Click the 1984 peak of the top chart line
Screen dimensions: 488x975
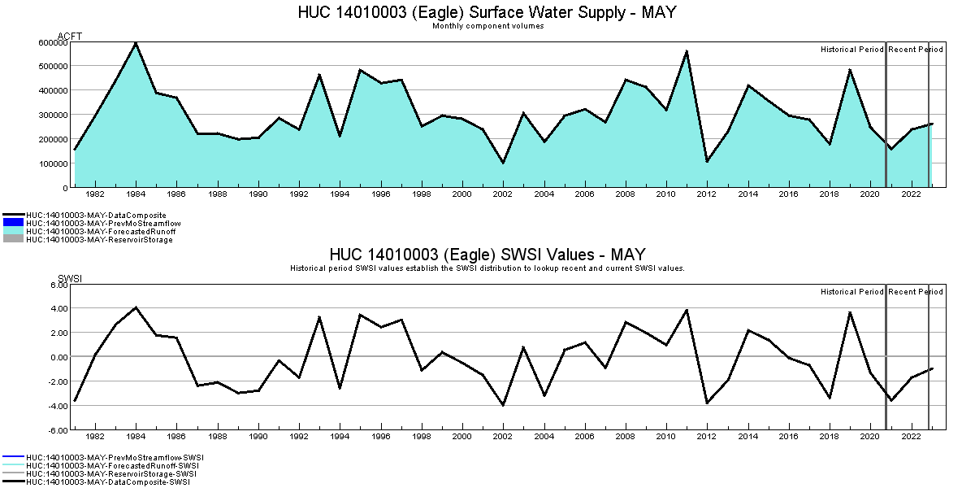[136, 42]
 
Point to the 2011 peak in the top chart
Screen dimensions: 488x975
[687, 51]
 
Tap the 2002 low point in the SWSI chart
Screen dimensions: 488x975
[503, 405]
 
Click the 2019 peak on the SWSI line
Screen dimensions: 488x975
[850, 312]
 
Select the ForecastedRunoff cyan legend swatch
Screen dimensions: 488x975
[13, 232]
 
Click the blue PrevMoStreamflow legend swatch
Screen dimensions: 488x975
[13, 223]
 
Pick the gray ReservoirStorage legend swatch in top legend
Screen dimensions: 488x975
[13, 240]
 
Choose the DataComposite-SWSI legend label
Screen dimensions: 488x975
[107, 482]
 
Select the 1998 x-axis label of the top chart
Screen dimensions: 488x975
[422, 194]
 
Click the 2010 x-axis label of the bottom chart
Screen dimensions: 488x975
[666, 437]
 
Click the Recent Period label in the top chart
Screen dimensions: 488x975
[916, 50]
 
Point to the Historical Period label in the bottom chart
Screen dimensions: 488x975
[851, 292]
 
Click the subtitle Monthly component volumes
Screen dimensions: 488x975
[487, 26]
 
